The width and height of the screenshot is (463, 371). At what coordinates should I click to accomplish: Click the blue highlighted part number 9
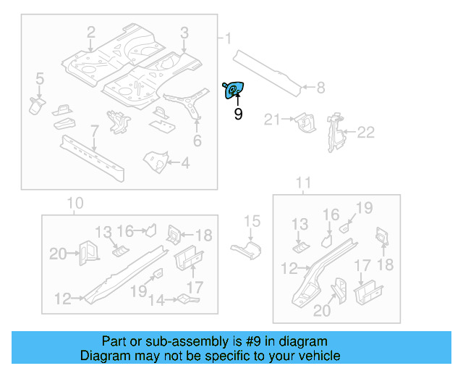click(x=234, y=90)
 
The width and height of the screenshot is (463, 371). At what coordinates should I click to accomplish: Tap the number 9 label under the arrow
click(x=238, y=114)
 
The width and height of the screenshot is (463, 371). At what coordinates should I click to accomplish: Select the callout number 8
click(x=320, y=88)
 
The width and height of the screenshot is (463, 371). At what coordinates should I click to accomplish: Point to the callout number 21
click(x=271, y=120)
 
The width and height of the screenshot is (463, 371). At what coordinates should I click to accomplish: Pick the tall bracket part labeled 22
click(x=334, y=133)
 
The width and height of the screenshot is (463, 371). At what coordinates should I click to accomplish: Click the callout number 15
click(x=251, y=222)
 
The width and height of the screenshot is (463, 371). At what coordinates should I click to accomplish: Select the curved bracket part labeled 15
click(x=248, y=249)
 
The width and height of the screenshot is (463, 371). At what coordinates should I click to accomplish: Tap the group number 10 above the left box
click(x=75, y=203)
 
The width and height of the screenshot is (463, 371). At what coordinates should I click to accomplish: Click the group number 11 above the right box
click(x=305, y=182)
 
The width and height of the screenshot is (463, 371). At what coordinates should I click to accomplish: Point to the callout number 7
click(x=93, y=130)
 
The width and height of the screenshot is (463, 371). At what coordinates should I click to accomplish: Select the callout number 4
click(x=185, y=164)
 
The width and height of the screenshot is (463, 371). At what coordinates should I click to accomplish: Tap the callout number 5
click(x=39, y=78)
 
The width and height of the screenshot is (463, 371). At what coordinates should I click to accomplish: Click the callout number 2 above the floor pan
click(x=91, y=32)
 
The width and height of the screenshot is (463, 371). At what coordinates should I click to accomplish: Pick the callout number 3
click(x=184, y=32)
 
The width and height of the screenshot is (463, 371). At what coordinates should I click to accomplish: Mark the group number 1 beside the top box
click(x=228, y=38)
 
